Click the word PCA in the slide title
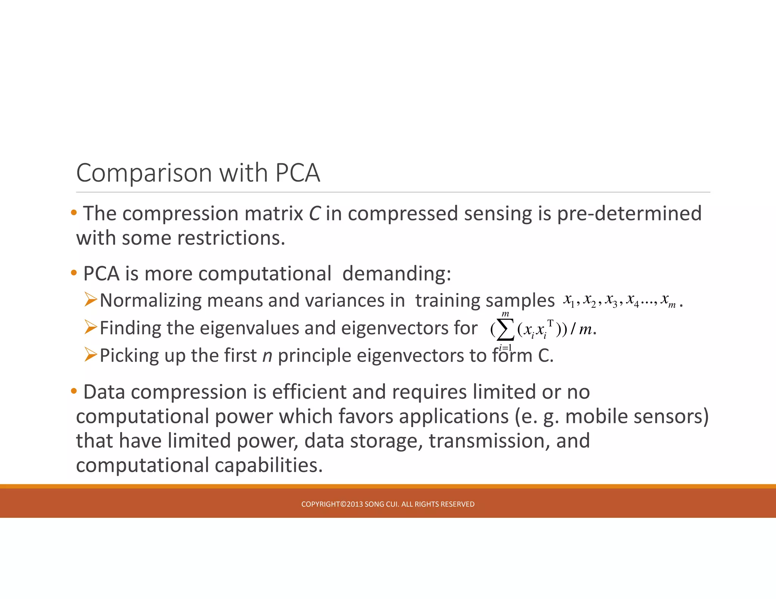tap(297, 173)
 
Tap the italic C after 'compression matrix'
tap(314, 214)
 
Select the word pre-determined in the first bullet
tap(629, 214)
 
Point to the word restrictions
tap(231, 238)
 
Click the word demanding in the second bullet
tap(396, 273)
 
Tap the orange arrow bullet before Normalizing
tap(91, 299)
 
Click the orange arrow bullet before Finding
tap(91, 327)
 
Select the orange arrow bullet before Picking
tap(91, 355)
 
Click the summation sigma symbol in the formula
tap(505, 330)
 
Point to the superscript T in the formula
tap(550, 323)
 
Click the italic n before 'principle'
tap(267, 356)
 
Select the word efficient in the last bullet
tap(309, 392)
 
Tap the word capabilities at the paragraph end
tap(269, 465)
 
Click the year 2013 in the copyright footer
tap(355, 504)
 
